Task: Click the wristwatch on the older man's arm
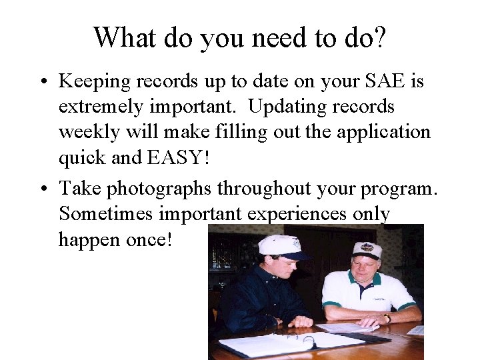tap(387, 318)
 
